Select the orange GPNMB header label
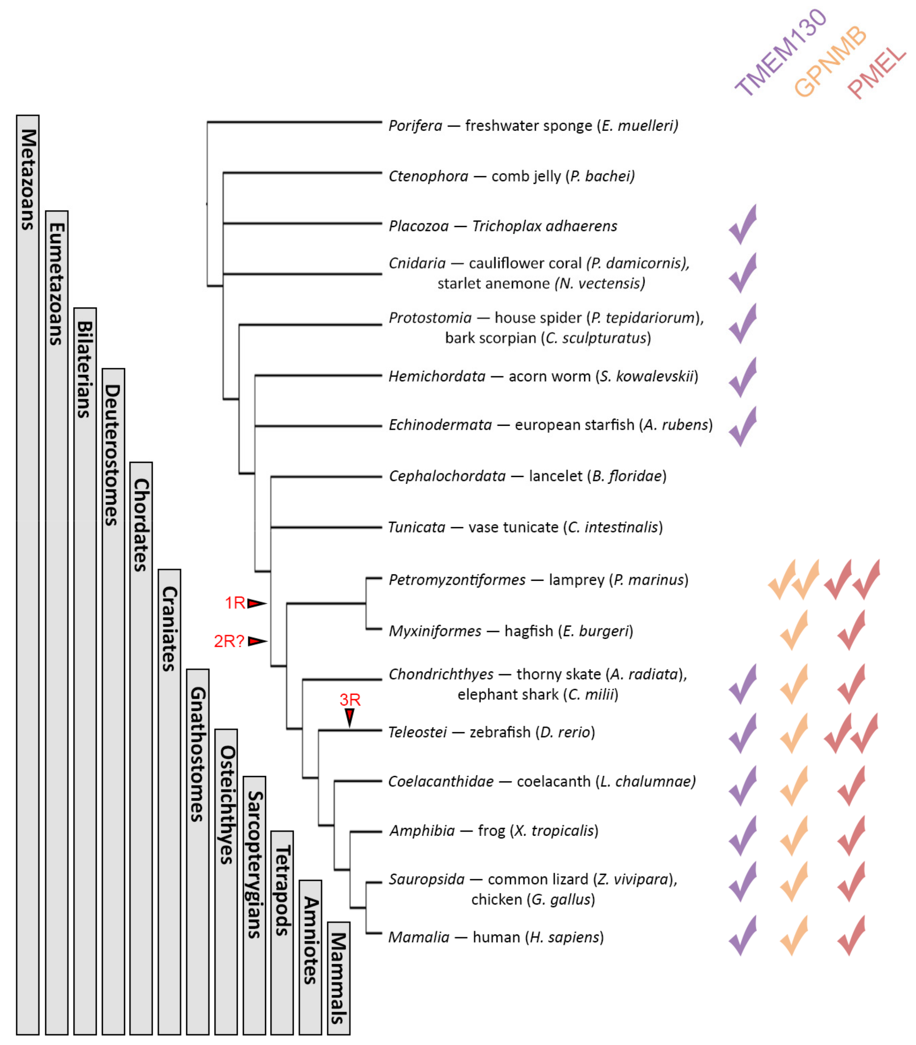coord(830,61)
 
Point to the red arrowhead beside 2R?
coord(257,641)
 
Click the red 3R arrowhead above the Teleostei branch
coord(350,717)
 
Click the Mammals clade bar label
coord(339,978)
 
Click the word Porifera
coord(415,126)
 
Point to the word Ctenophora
coord(428,176)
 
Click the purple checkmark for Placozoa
coord(743,225)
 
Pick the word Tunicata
coord(417,527)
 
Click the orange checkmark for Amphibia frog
coord(794,836)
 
